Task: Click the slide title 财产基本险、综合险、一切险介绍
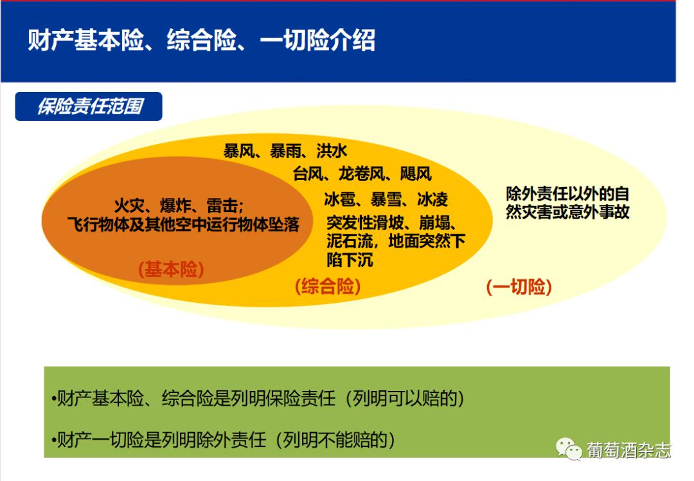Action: [x=201, y=41]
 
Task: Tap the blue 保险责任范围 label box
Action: [x=89, y=106]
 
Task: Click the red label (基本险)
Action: [x=171, y=270]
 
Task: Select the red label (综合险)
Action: [x=327, y=287]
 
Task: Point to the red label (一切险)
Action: [x=519, y=287]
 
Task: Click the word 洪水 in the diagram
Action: [x=332, y=151]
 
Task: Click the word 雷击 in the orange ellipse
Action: [x=222, y=206]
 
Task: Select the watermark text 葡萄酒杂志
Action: [x=628, y=449]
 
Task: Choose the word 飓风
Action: [x=416, y=174]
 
